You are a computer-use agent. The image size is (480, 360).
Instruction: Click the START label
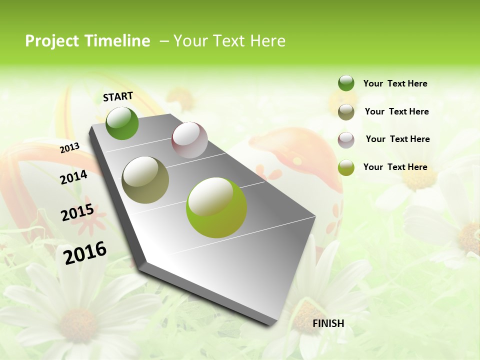[118, 96]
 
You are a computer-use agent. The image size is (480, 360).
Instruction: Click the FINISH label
[328, 323]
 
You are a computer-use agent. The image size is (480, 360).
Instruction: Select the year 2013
[70, 147]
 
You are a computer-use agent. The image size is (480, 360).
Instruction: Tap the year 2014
[73, 177]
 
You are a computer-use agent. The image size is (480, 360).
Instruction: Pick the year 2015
[77, 212]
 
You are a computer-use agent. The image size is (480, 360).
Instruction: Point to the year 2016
[85, 252]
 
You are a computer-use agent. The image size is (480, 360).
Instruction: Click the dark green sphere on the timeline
[122, 123]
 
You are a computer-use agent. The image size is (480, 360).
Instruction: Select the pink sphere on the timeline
[189, 140]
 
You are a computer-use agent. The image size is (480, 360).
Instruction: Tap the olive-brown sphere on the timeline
[145, 179]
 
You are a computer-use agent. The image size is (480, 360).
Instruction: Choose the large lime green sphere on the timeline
[216, 207]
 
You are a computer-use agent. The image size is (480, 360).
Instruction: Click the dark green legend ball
[346, 83]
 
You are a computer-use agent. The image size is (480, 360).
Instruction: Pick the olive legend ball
[346, 112]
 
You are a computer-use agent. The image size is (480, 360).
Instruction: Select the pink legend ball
[346, 140]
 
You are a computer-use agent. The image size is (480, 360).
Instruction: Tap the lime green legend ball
[346, 167]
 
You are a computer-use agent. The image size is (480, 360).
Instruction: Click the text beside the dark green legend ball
[395, 83]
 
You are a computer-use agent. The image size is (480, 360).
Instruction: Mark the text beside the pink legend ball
[397, 139]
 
